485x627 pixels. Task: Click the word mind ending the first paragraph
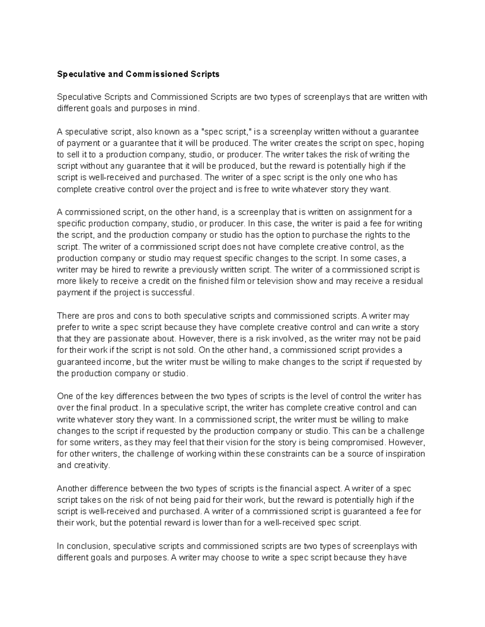pos(190,109)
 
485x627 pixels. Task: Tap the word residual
pos(407,281)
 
